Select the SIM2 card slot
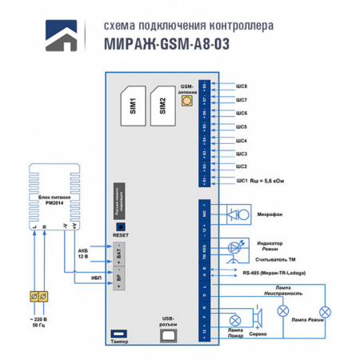pos(162,104)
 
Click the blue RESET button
pos(122,226)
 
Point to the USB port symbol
pos(168,336)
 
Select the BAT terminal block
pos(120,258)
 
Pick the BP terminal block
pos(120,281)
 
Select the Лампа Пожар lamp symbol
pos(234,318)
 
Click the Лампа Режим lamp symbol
pos(325,310)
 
